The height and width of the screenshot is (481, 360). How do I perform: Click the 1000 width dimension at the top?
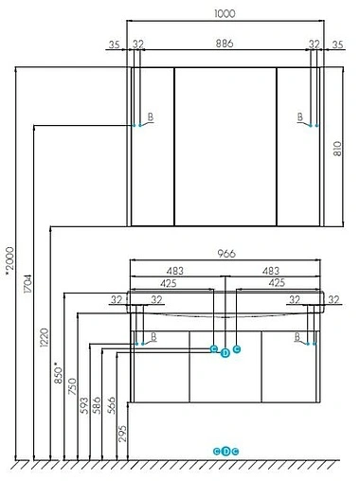tap(225, 14)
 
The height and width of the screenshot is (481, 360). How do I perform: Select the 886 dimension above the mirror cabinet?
tap(225, 44)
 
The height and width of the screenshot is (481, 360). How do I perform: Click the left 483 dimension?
tap(175, 270)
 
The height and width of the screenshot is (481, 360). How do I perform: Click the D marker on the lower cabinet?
tap(225, 354)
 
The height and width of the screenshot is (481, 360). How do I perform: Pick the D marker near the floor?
tap(225, 450)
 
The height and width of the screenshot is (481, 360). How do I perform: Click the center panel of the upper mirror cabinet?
tap(225, 147)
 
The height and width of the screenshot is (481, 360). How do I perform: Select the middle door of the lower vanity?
tap(225, 369)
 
